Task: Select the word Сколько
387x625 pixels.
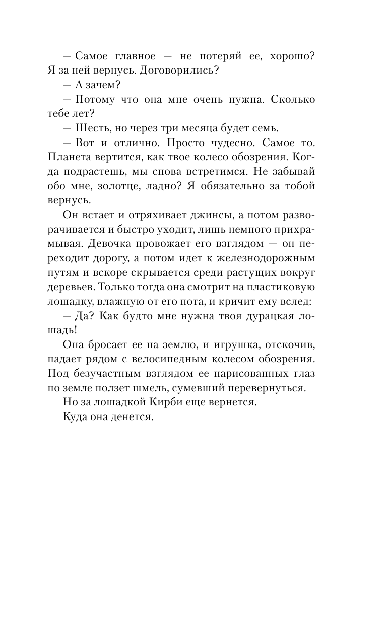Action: coord(293,100)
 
